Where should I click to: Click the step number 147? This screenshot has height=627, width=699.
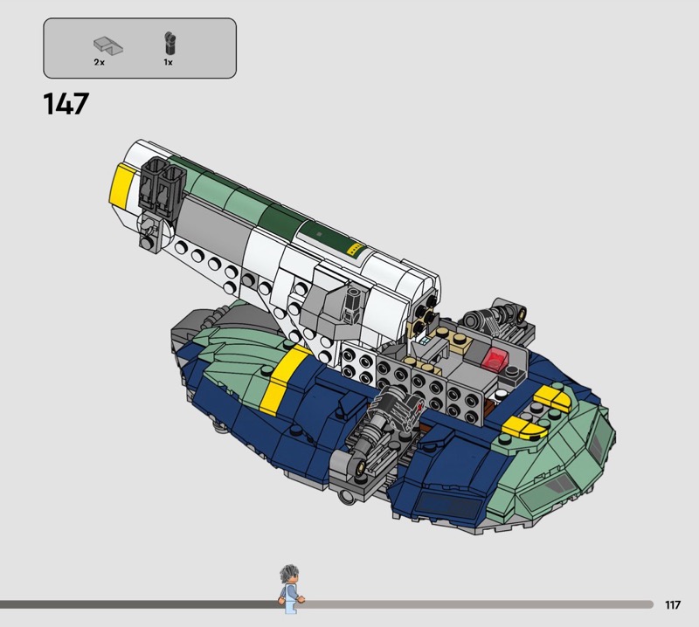[x=66, y=104]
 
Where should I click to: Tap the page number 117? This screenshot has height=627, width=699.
[x=673, y=604]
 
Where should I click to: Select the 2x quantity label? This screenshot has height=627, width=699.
[x=99, y=62]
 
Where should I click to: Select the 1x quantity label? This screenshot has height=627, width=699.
[x=168, y=62]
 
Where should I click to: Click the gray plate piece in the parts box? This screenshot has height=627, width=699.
[x=107, y=45]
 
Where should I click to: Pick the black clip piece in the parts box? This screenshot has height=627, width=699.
[x=169, y=43]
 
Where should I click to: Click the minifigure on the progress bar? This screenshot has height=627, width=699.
[x=290, y=589]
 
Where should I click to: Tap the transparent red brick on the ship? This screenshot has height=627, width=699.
[x=493, y=359]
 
